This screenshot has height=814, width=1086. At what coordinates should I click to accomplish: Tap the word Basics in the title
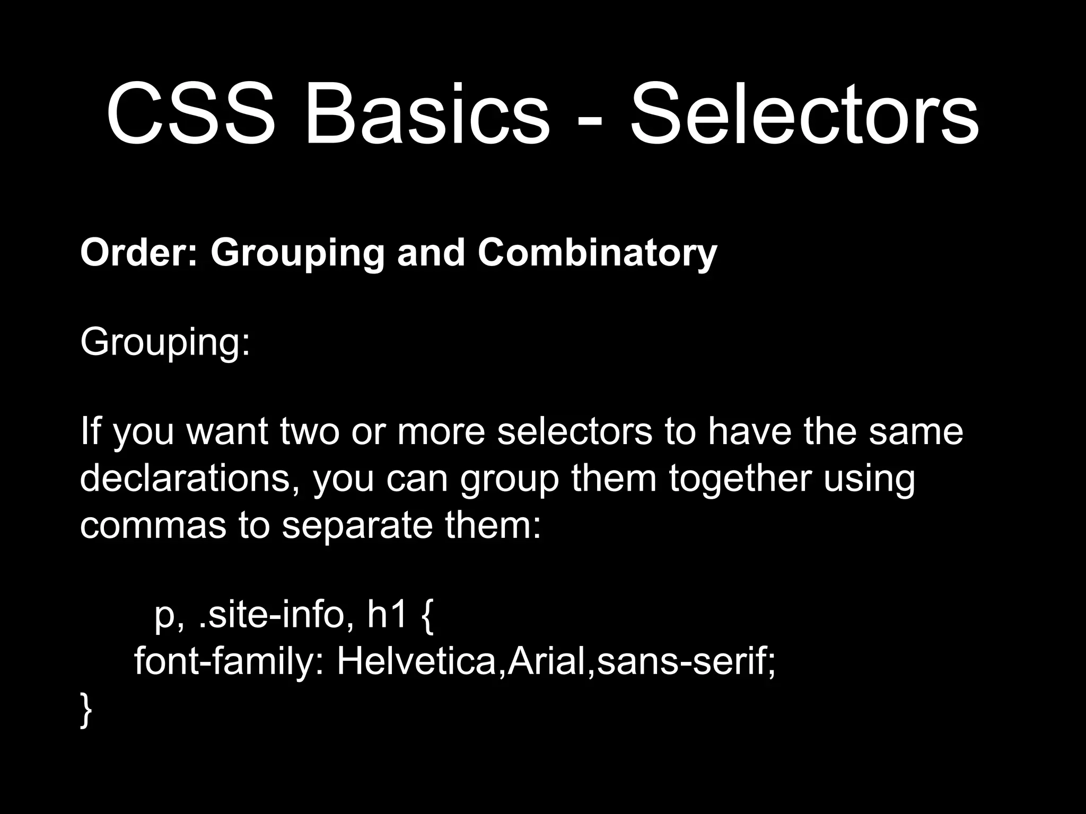tap(427, 116)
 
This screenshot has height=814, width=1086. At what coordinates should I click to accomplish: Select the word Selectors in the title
tap(804, 116)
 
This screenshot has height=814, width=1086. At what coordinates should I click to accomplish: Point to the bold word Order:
tap(139, 253)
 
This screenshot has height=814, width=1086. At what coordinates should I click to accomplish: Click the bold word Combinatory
tap(597, 253)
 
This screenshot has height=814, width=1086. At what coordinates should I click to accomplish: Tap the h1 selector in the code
tap(387, 615)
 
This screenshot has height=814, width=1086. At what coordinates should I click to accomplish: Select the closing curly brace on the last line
tap(86, 710)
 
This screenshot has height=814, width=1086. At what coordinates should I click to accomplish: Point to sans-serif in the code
tap(681, 662)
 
